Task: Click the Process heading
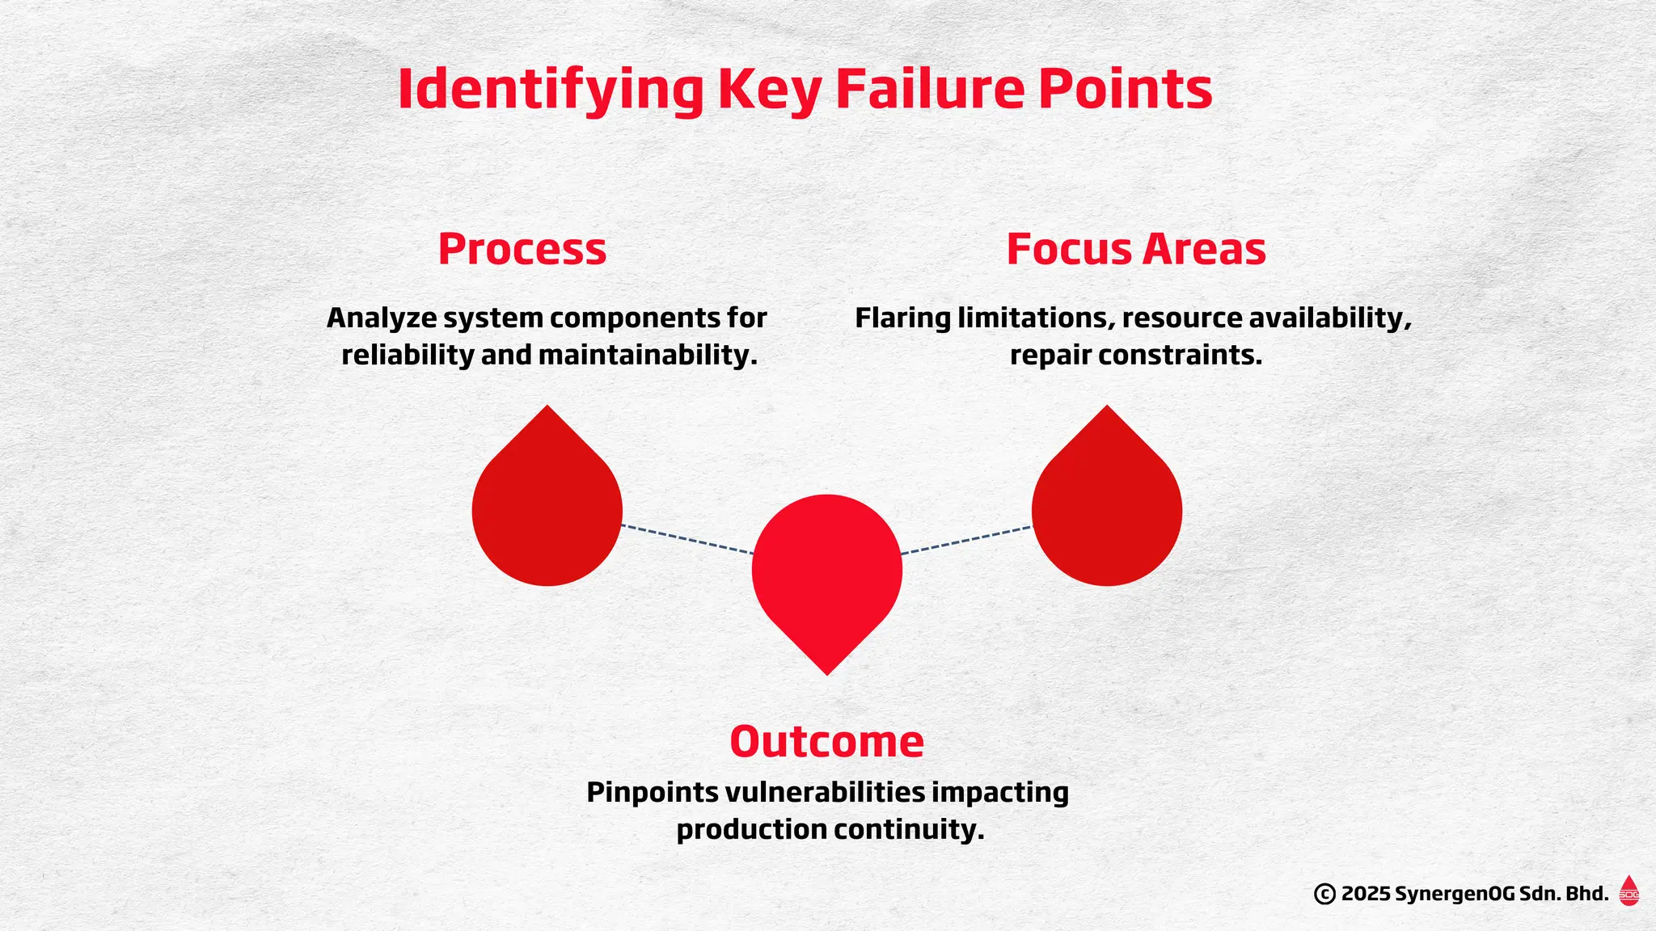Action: pos(522,249)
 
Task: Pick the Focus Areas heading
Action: pos(1135,249)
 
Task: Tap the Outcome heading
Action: pos(826,741)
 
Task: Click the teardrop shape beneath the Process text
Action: pos(547,509)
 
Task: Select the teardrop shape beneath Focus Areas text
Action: pos(1107,509)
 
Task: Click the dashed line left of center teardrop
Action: pos(687,540)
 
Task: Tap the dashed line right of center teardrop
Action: pos(966,541)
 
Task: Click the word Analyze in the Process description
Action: pos(382,318)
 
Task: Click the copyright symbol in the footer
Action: pos(1324,894)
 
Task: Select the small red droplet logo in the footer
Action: pos(1629,891)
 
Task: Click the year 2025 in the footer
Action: pos(1366,894)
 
